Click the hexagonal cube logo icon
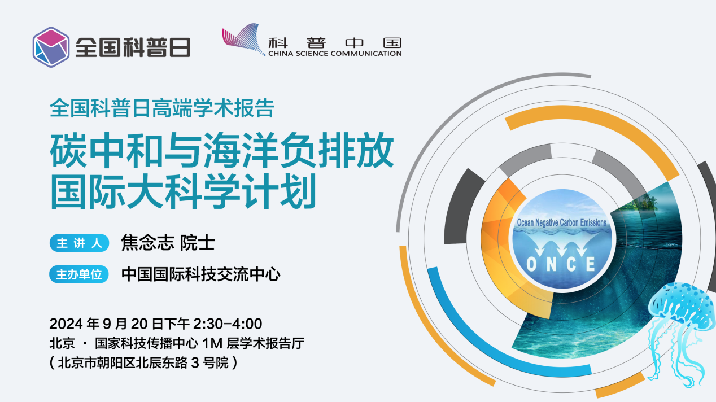pos(51,47)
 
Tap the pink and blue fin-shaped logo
pos(243,39)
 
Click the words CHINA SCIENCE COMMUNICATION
pos(335,54)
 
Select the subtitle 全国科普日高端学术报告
pos(162,108)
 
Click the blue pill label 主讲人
pos(79,243)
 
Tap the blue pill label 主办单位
pos(79,274)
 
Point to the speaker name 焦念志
pos(148,243)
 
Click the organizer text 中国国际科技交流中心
pos(200,274)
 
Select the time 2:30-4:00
pos(228,324)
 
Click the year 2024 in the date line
pos(66,324)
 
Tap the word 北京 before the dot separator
pos(62,343)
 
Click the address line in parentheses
pos(143,362)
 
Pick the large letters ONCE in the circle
pos(561,264)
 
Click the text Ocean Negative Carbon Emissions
pos(562,222)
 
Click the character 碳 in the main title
pos(68,150)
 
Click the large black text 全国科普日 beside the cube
pos(133,47)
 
